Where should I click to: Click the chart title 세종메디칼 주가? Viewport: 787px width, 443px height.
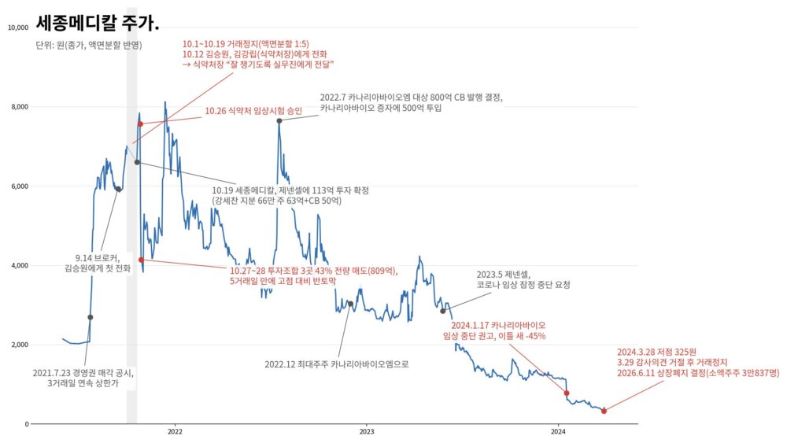(98, 22)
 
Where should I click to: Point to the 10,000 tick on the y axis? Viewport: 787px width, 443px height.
(19, 28)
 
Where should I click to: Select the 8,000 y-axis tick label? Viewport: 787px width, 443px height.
(20, 107)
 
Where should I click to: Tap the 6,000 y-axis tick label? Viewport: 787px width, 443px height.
(20, 186)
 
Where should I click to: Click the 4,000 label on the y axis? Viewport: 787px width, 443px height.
(20, 265)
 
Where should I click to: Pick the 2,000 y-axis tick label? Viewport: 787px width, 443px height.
(20, 345)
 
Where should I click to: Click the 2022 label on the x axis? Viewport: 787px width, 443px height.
(175, 432)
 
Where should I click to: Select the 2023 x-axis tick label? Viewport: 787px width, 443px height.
(367, 432)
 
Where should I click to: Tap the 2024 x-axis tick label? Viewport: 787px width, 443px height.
(558, 432)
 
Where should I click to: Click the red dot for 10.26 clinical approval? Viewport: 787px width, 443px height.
(141, 124)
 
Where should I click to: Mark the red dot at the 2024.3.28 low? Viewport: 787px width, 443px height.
(604, 411)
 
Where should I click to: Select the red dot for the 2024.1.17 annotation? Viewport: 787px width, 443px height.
(567, 393)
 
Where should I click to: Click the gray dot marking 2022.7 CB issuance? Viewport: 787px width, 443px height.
(279, 121)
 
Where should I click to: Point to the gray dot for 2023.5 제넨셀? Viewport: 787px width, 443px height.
(442, 311)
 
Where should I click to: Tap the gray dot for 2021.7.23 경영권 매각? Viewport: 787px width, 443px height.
(91, 318)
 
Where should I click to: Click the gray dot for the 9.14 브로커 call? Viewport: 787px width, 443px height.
(118, 189)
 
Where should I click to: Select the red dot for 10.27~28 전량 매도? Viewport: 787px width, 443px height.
(141, 260)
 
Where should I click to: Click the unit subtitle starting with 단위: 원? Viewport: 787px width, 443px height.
(89, 45)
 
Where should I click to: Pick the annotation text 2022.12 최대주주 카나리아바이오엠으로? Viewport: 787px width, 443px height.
(337, 364)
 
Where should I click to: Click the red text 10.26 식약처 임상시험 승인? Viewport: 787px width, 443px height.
(253, 111)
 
